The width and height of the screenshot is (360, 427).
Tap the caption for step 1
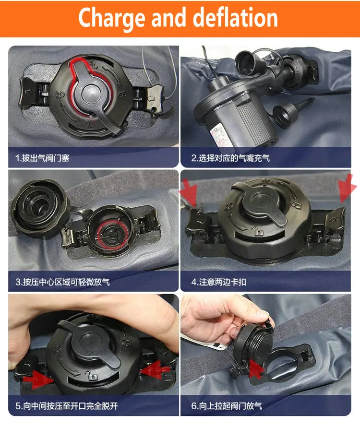42,158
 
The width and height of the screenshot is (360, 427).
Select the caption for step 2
230,158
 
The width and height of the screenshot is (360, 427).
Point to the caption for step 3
62,282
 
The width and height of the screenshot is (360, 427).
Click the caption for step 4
218,282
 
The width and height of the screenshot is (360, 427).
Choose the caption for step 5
67,406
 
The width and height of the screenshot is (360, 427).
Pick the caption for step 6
227,406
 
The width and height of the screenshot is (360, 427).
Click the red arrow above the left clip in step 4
189,190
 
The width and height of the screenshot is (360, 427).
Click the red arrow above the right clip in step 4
347,188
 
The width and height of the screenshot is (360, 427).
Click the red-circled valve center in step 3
111,235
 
